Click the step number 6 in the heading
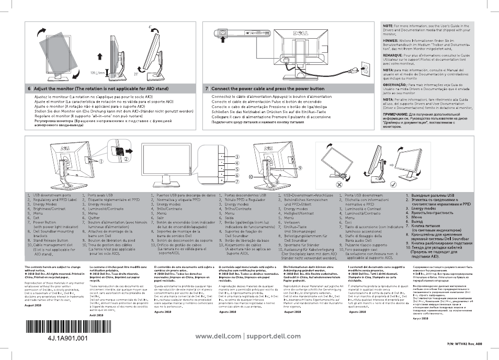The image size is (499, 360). click(x=29, y=89)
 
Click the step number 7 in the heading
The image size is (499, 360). click(x=207, y=89)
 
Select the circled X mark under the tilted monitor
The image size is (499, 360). click(x=339, y=185)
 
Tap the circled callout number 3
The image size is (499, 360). click(x=237, y=156)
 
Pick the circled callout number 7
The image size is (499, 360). click(x=237, y=181)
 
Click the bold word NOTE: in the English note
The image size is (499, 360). click(x=389, y=26)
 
